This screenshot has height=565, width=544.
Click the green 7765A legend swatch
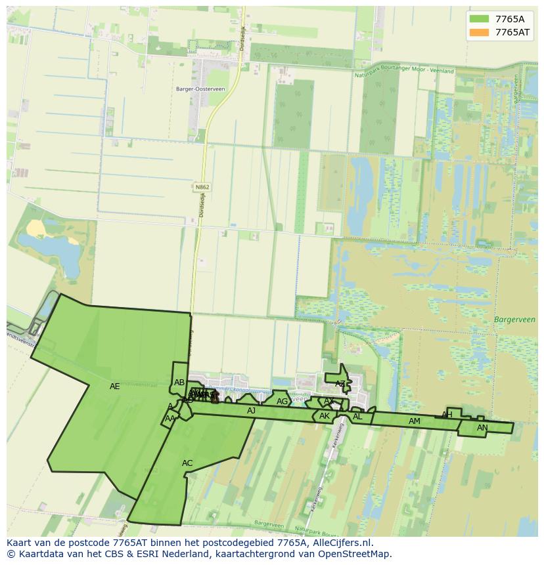coord(479,19)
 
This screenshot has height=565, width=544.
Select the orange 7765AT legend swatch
coord(479,32)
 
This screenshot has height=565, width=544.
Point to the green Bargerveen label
coord(514,320)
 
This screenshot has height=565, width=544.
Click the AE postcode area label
coord(115,387)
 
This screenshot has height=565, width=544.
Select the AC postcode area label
coord(187,463)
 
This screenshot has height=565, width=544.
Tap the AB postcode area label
coord(179,383)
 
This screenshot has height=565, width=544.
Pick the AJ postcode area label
coord(251,411)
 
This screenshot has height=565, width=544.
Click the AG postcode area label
coord(282,402)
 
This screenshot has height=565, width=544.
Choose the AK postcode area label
coord(325,416)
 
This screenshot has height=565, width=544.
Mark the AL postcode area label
coord(357,417)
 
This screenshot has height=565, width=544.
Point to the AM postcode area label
coord(414,421)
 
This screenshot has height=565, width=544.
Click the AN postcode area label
coord(482,428)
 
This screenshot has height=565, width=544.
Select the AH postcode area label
coord(447,415)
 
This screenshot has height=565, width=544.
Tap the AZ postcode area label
coord(340,384)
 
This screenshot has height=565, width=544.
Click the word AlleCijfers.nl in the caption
coord(342,543)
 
